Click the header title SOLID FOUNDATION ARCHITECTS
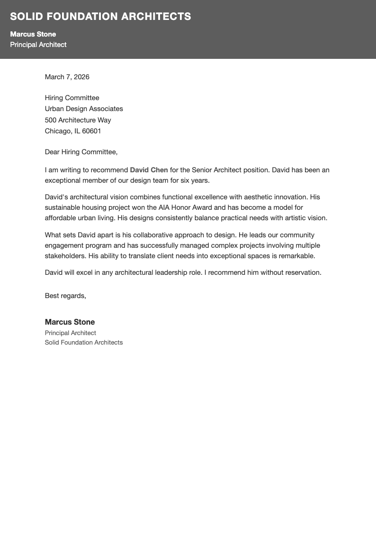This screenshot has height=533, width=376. [x=100, y=17]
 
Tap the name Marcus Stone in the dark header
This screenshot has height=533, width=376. [x=33, y=34]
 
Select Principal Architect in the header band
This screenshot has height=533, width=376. [x=38, y=45]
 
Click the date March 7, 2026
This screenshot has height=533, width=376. [x=67, y=77]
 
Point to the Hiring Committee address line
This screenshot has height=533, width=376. [x=72, y=98]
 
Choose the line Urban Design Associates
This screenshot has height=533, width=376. [x=84, y=109]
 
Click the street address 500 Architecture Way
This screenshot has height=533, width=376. [x=78, y=120]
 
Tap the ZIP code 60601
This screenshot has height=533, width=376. [x=91, y=131]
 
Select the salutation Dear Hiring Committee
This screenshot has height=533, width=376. [x=81, y=152]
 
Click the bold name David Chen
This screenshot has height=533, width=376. [x=149, y=170]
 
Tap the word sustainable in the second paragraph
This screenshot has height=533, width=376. [x=63, y=207]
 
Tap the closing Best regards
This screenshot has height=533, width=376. [x=65, y=296]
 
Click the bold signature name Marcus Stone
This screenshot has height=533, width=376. [x=70, y=322]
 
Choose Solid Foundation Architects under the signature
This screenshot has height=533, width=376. [x=84, y=342]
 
